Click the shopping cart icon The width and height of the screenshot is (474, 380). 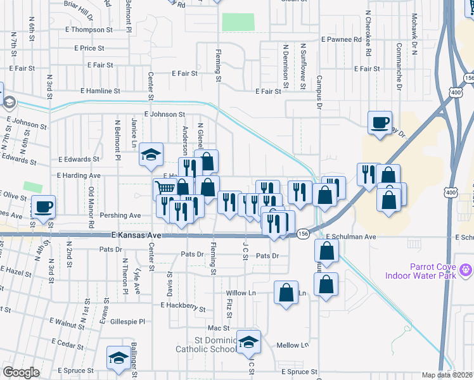pyautogui.click(x=164, y=187)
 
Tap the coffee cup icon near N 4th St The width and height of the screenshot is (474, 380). pyautogui.click(x=44, y=206)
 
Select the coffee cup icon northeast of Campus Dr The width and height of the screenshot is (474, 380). pyautogui.click(x=380, y=122)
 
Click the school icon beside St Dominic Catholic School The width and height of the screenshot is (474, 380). pyautogui.click(x=249, y=341)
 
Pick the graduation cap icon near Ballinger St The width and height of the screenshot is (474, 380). pyautogui.click(x=118, y=357)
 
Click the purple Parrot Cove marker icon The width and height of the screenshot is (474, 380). pyautogui.click(x=467, y=270)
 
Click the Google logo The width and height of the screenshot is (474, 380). pyautogui.click(x=22, y=372)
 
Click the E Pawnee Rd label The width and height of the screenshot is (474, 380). pyautogui.click(x=341, y=39)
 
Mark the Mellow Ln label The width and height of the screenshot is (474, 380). pyautogui.click(x=292, y=345)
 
